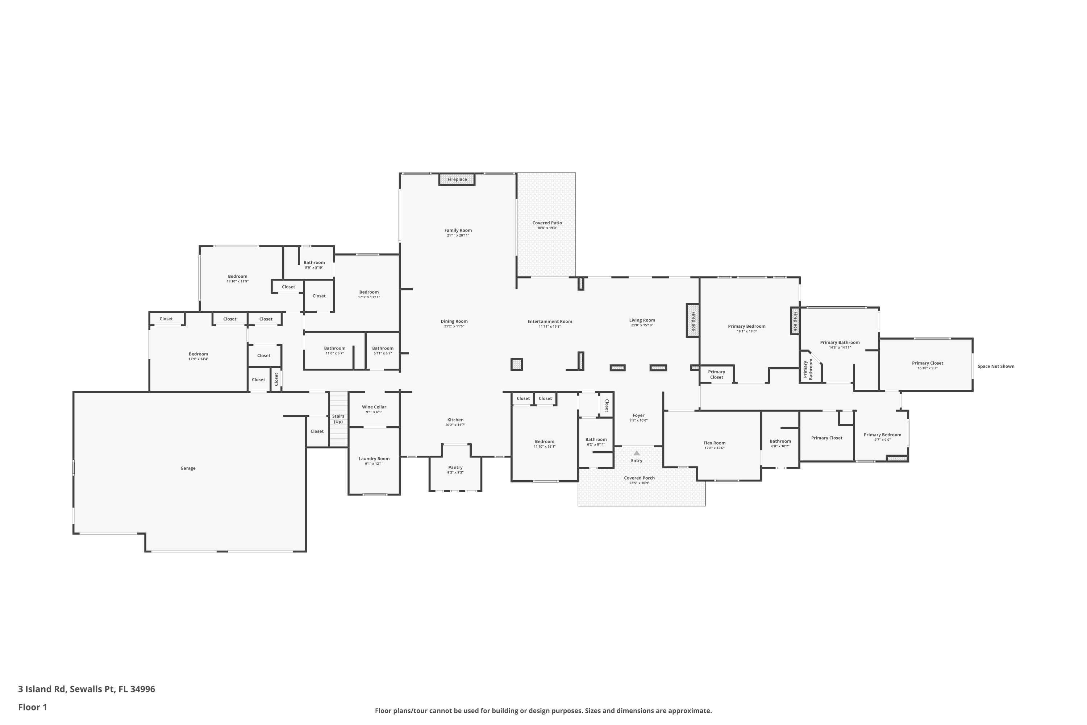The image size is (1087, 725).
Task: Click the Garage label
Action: point(188,468)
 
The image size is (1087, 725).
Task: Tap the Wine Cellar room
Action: point(374,409)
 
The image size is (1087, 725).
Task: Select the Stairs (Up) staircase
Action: point(338,419)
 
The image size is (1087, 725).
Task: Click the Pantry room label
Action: point(455,468)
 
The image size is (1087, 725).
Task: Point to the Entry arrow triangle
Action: point(637,453)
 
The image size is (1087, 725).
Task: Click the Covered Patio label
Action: point(547,223)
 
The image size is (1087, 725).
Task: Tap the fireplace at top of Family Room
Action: point(457,179)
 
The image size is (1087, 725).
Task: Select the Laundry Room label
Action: point(374,459)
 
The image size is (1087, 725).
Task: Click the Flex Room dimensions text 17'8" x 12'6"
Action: point(715,448)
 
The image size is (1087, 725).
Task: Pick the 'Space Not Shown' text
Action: point(996,366)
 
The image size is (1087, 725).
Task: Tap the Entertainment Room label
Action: point(550,321)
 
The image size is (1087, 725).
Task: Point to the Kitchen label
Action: point(455,420)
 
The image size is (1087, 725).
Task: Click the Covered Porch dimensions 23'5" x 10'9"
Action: point(639,483)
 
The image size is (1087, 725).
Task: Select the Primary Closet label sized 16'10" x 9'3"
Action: point(928,363)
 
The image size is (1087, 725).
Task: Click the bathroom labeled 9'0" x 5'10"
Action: point(314,265)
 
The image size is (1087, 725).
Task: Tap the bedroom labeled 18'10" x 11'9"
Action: point(238,278)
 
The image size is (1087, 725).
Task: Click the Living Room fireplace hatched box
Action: point(693,320)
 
